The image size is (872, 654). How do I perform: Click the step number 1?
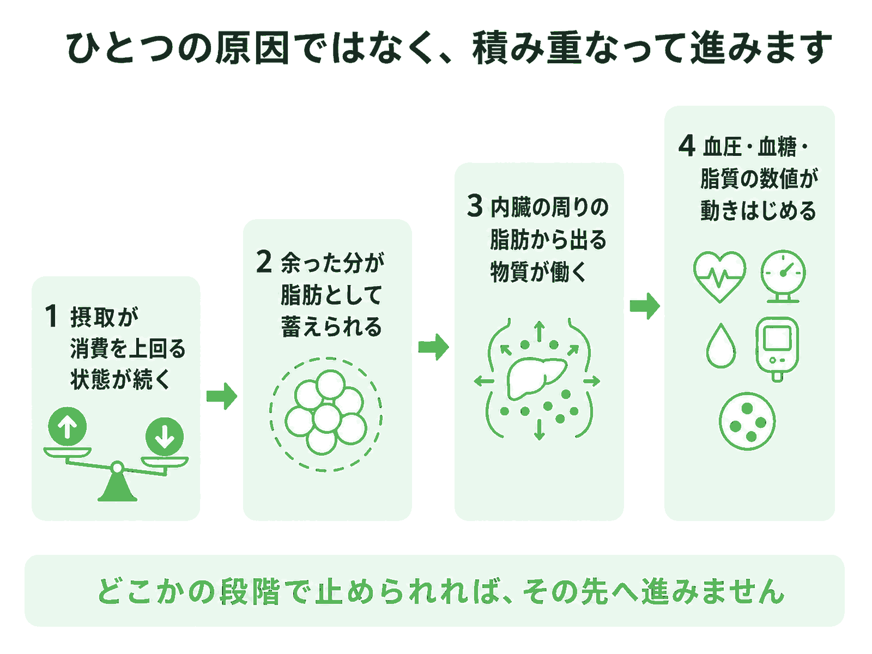(51, 316)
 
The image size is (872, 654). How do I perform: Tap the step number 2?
(264, 262)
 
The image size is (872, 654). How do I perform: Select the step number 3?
(475, 205)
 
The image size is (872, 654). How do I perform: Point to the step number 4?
(687, 146)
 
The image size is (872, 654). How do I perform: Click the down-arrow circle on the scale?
(165, 437)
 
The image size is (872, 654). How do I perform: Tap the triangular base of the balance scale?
(117, 487)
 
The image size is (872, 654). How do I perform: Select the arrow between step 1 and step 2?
(222, 396)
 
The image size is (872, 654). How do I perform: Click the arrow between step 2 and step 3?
(433, 347)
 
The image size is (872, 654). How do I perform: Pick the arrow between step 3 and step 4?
(645, 306)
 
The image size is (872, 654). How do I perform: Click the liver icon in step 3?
(536, 378)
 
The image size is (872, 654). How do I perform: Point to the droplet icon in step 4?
(721, 346)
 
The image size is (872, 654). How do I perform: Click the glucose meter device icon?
(778, 349)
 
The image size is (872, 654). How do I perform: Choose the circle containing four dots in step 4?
(747, 421)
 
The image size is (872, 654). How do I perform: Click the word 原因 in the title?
(252, 48)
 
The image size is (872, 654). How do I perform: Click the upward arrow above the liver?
(539, 331)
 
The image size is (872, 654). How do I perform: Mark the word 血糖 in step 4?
(777, 147)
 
